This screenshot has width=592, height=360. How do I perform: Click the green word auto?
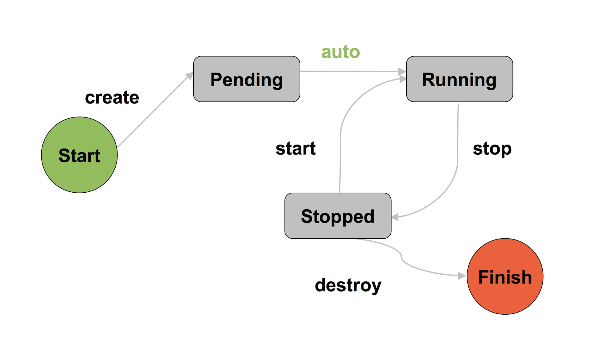340,52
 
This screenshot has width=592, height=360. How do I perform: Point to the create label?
112,97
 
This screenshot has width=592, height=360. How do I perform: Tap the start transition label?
295,148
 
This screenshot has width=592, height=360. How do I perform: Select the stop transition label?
492,149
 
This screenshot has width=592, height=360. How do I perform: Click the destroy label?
348,285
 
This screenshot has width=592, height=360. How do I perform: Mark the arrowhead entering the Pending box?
190,76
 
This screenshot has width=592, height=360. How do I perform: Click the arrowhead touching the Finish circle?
462,276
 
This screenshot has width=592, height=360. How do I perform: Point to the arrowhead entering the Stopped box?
395,217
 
